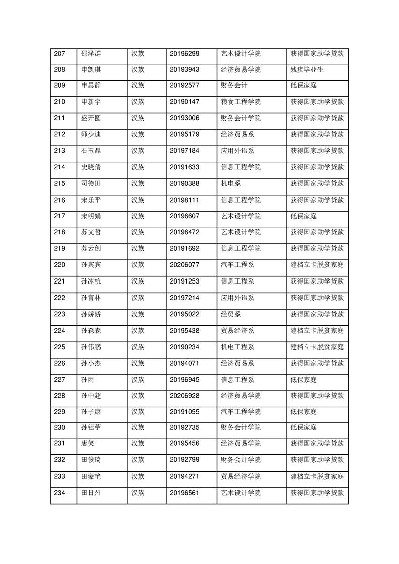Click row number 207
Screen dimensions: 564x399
click(60, 53)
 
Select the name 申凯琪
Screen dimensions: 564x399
click(91, 69)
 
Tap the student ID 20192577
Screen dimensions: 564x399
click(185, 85)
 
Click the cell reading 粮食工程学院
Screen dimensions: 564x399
click(241, 102)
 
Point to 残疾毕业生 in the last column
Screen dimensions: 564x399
click(307, 69)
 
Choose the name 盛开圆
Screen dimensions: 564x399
click(91, 118)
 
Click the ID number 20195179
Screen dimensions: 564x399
click(185, 134)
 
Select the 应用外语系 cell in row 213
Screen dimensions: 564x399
click(237, 150)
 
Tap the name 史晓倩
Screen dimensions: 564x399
click(91, 167)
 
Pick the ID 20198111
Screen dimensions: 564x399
click(185, 200)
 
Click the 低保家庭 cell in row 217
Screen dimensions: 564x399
click(304, 216)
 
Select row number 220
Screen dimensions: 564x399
click(60, 264)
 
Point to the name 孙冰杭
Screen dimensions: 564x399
click(91, 281)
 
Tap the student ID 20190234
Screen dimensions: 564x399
click(185, 346)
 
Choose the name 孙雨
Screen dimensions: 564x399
click(88, 379)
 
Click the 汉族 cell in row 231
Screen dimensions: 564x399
click(138, 444)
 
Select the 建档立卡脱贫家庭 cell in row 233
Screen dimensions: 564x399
click(317, 476)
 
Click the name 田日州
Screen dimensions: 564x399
click(91, 493)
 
